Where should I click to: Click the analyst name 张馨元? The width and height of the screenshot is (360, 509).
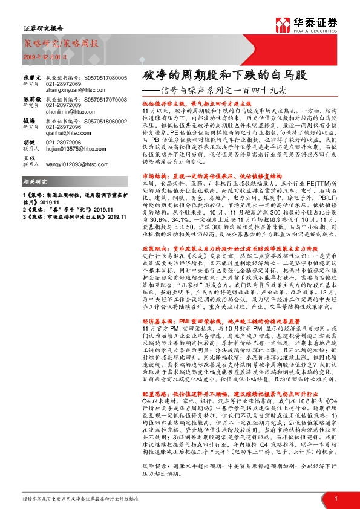point(32,79)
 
